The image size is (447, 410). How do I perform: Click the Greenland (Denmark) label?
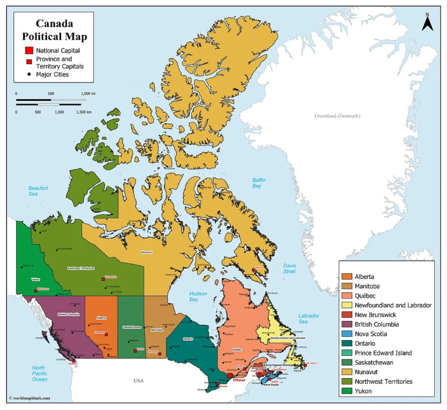coord(337,116)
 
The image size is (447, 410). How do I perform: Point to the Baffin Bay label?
coord(258,183)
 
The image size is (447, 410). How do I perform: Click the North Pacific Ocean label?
coord(40,373)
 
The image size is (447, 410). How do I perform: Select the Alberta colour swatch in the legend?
coord(347,277)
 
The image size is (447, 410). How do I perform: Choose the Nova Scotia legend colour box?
coord(347,334)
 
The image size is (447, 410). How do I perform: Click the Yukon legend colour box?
coord(347,391)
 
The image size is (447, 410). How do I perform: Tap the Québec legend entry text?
coord(367,296)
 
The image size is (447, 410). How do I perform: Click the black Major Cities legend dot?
coord(29,75)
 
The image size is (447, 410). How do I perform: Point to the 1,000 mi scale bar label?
coord(88,93)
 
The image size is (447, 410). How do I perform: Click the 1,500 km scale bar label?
coord(84,111)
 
